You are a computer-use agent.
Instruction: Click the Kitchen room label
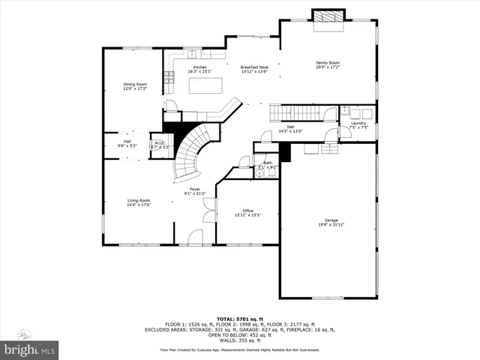click(200, 67)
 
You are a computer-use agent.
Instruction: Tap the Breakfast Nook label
click(254, 67)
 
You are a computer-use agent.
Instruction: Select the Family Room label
click(327, 62)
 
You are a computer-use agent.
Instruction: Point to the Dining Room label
click(135, 84)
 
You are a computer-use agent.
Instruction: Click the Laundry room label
click(358, 123)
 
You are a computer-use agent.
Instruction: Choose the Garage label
click(331, 220)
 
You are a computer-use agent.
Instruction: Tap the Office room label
click(247, 211)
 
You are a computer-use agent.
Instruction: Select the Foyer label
click(194, 189)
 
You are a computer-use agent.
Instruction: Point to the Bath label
click(268, 163)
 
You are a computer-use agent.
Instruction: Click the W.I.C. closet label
click(160, 142)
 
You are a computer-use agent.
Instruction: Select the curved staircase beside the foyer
click(192, 150)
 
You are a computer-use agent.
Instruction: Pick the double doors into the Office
click(208, 214)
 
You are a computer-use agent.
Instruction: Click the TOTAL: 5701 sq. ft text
click(239, 319)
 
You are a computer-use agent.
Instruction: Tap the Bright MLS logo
click(30, 349)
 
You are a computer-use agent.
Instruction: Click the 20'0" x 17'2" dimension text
click(327, 67)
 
